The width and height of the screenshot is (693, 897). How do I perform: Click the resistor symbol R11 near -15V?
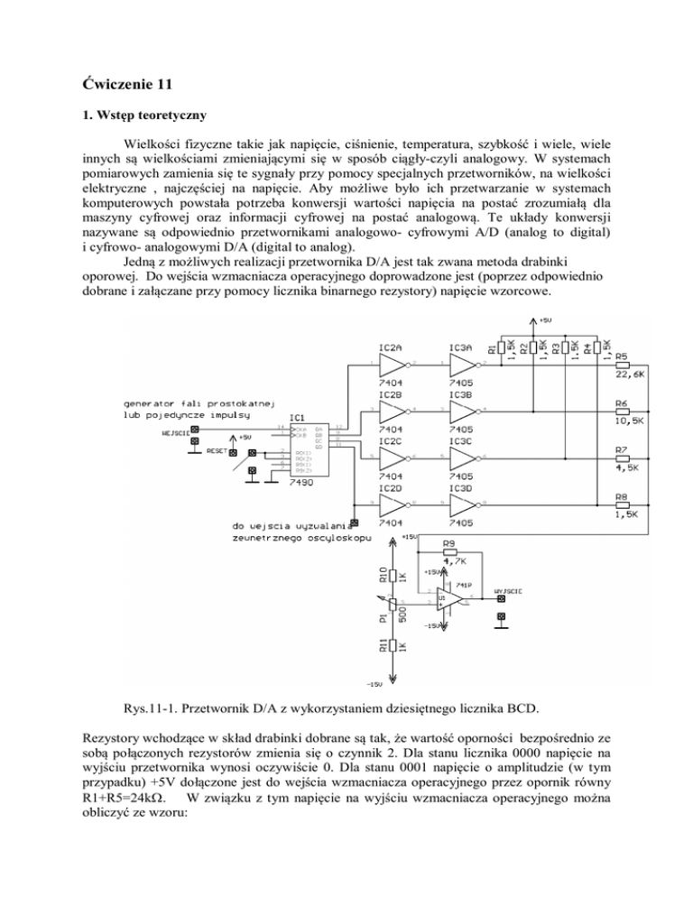pos(390,650)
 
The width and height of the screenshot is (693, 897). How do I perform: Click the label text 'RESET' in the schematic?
pos(217,449)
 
